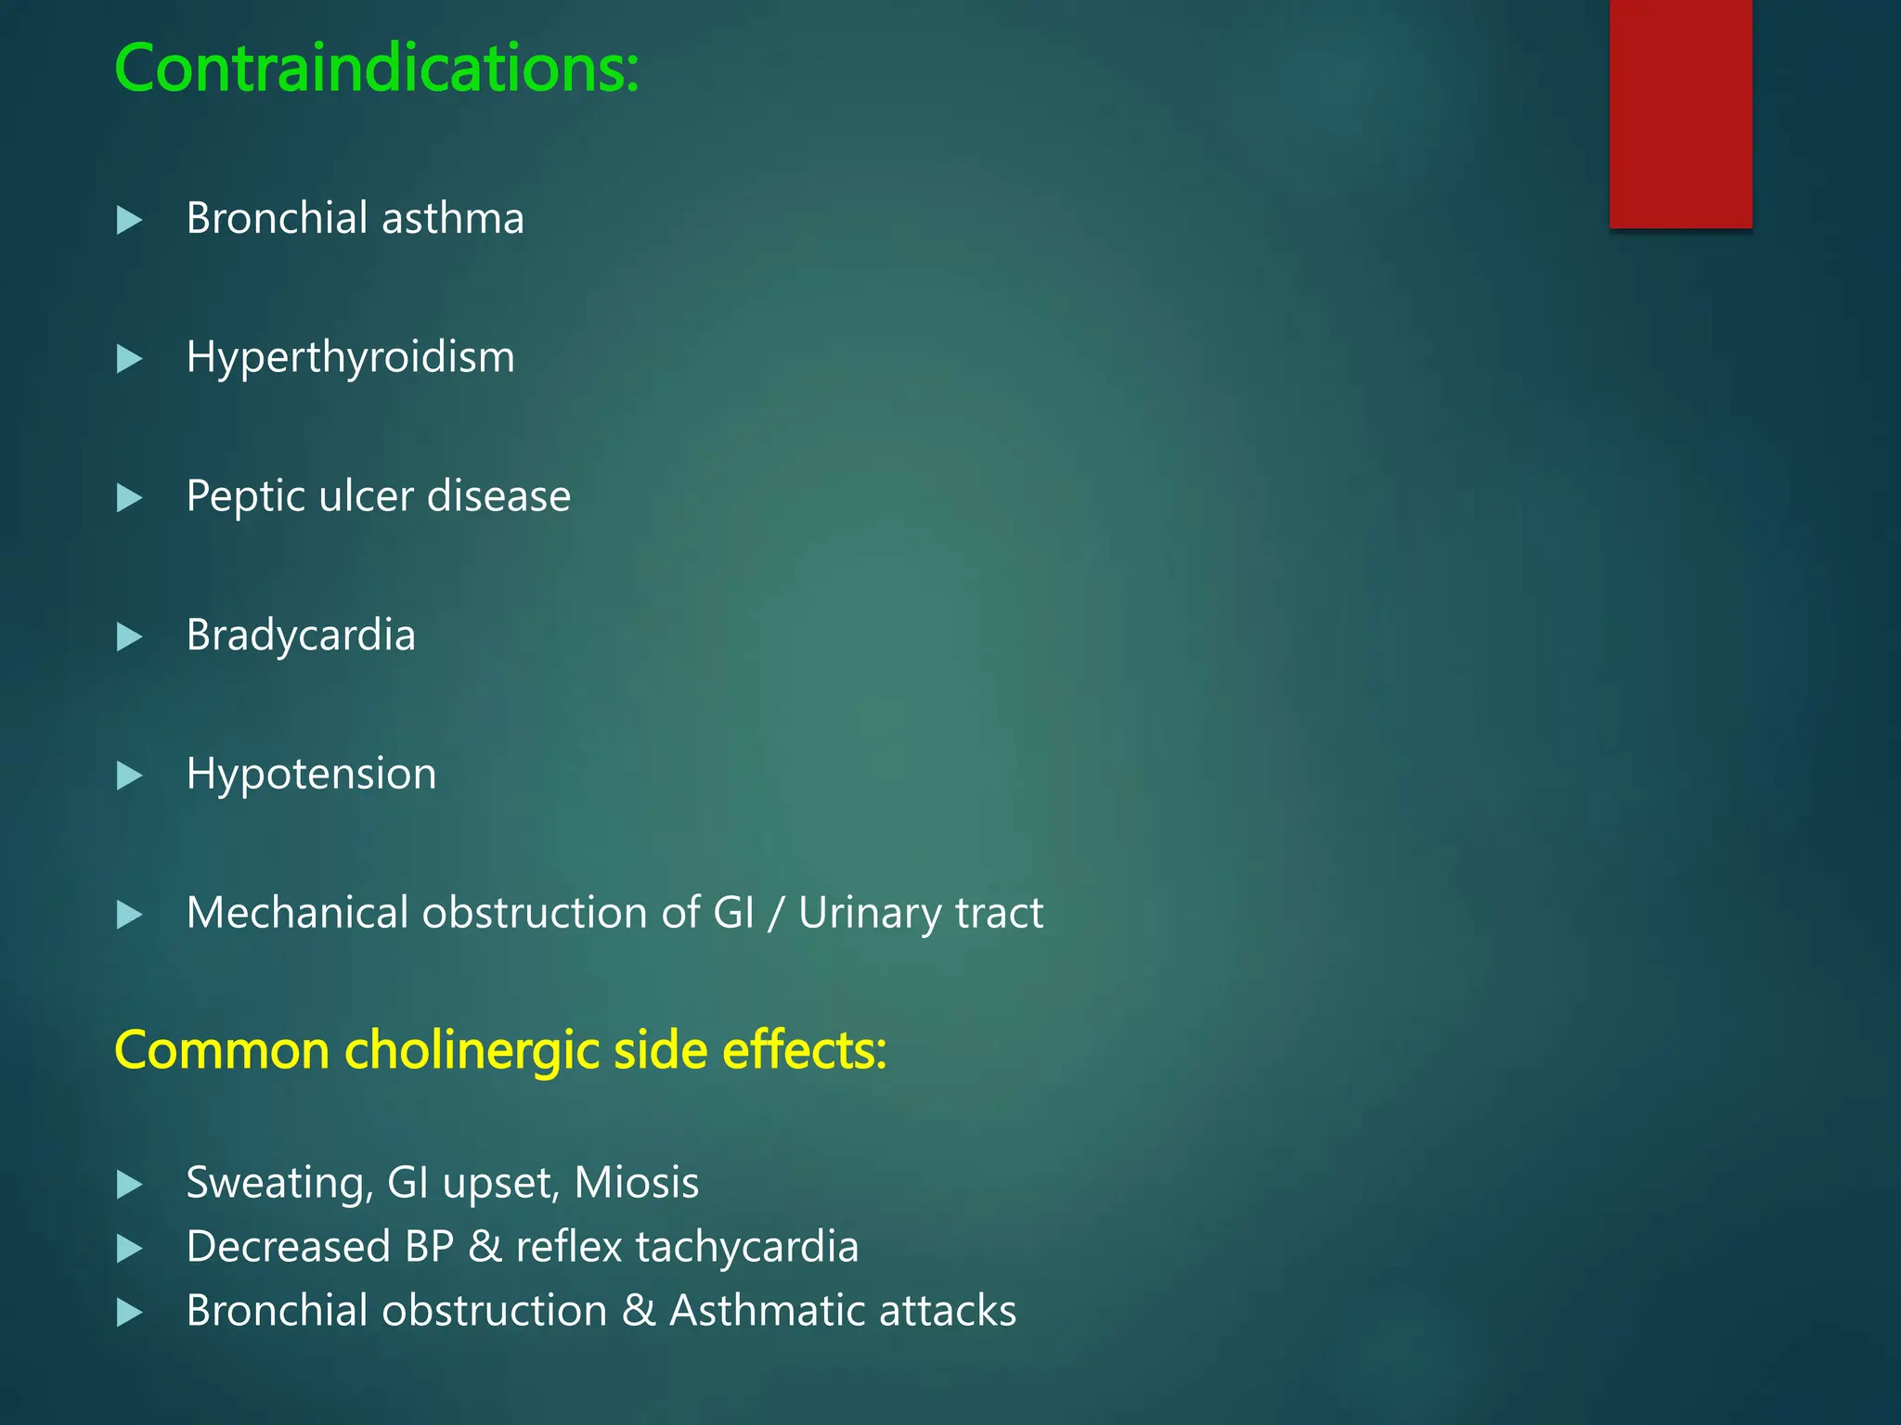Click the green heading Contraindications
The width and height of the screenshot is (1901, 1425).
point(376,69)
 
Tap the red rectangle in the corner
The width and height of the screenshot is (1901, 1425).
point(1680,113)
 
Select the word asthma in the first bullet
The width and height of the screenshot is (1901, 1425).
point(452,219)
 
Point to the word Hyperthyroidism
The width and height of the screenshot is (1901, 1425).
point(350,358)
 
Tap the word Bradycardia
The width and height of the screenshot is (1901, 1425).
point(300,635)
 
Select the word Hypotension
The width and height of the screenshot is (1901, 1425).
point(311,775)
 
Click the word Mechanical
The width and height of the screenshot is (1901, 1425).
point(297,913)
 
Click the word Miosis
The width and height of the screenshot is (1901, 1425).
point(636,1183)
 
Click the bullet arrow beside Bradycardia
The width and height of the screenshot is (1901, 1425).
point(129,637)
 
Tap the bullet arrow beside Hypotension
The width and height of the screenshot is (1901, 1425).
point(129,776)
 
